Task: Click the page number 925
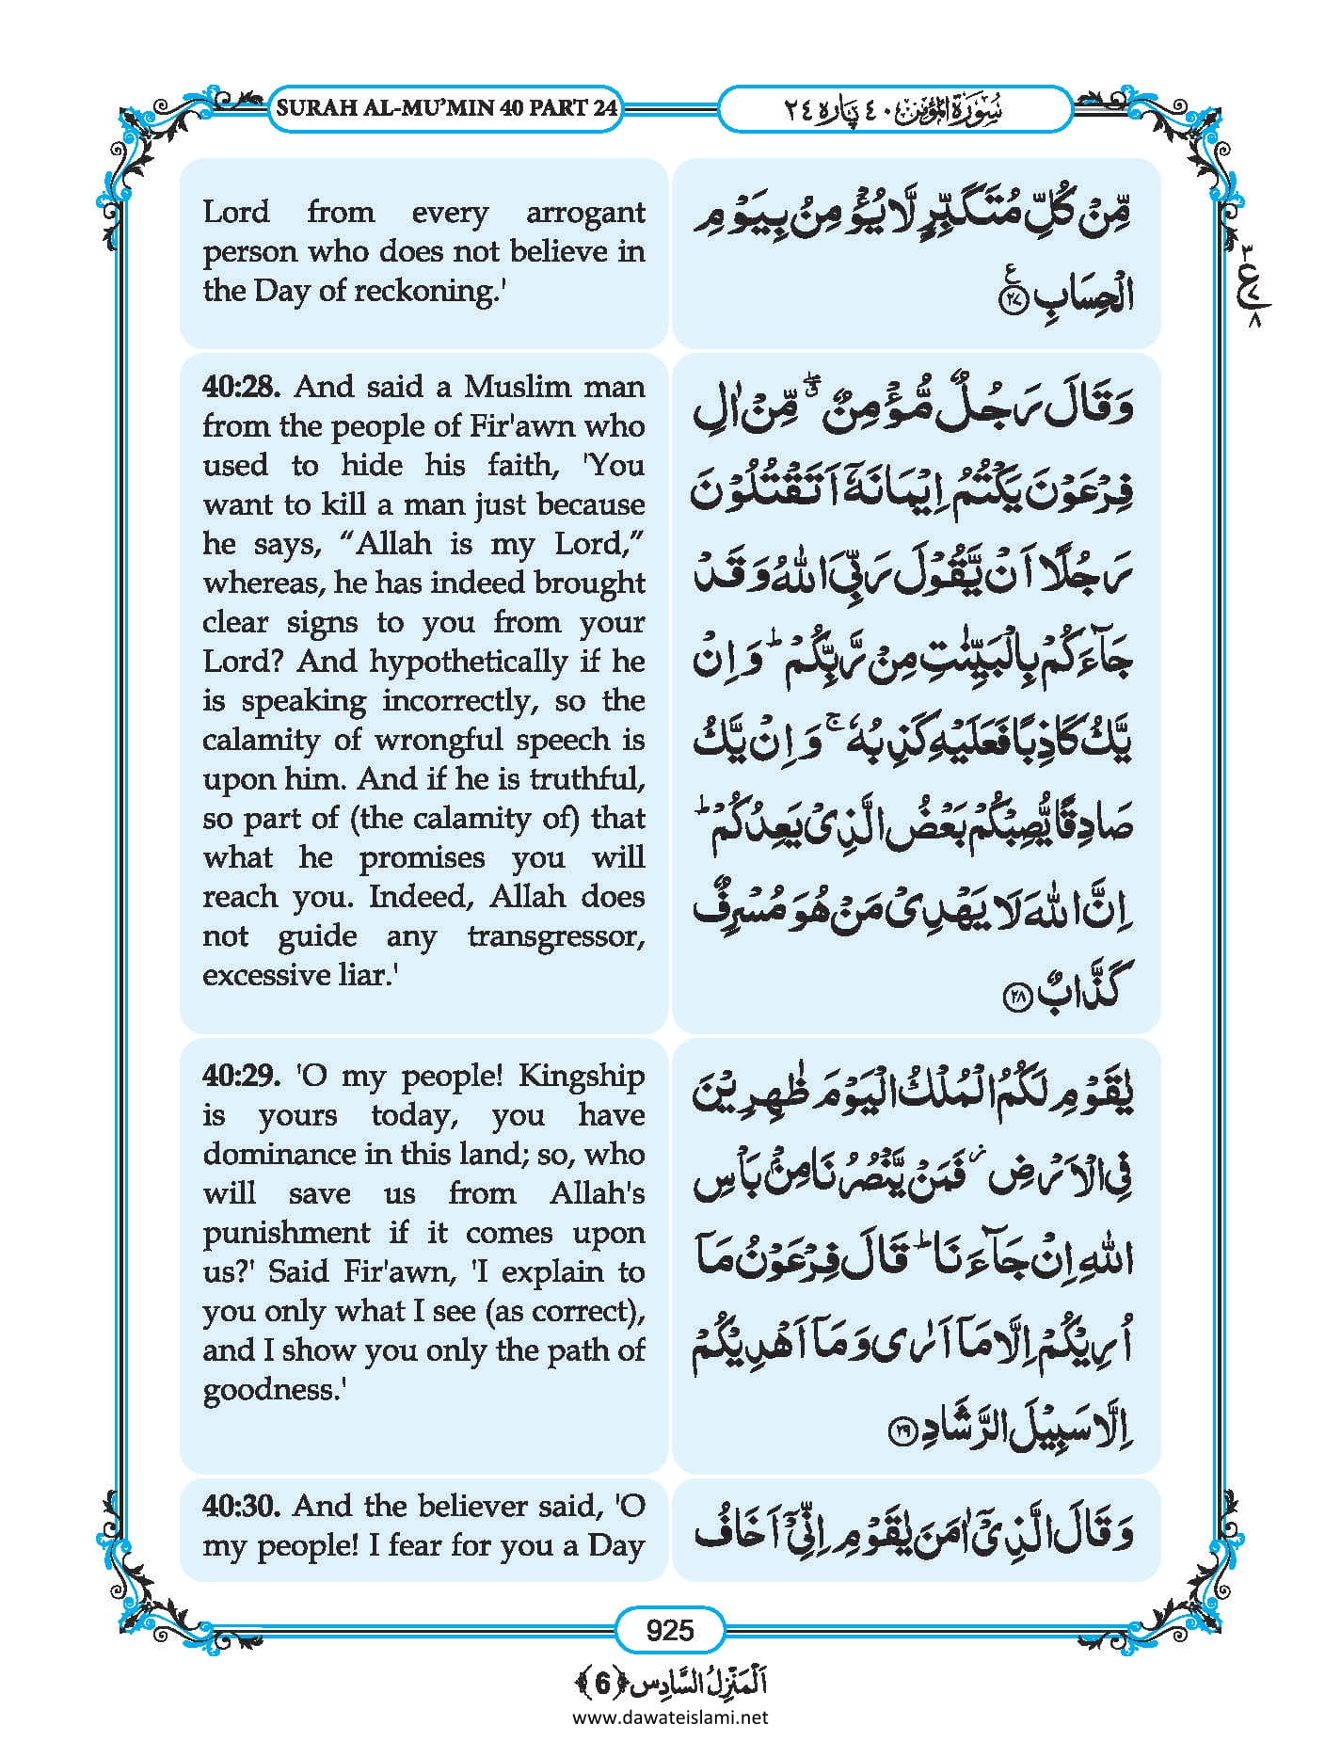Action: (x=670, y=1629)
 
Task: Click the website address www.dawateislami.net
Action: (x=670, y=1717)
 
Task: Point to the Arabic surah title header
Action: (x=894, y=109)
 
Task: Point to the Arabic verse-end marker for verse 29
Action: (x=902, y=1433)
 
